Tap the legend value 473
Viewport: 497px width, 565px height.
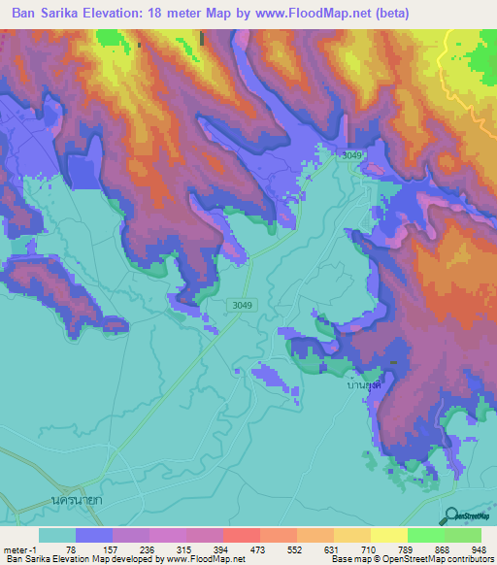click(x=260, y=548)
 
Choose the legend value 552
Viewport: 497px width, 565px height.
click(x=297, y=548)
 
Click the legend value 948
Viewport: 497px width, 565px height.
click(x=480, y=548)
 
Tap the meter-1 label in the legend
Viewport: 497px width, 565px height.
click(x=19, y=548)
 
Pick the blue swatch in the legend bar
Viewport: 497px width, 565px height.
click(x=94, y=535)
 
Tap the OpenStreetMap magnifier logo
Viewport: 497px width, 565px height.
click(x=450, y=515)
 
